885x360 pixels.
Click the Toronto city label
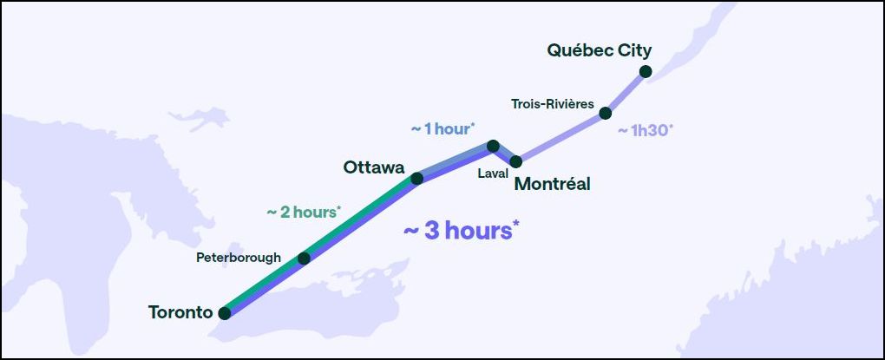click(x=180, y=312)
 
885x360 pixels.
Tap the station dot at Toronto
click(x=225, y=313)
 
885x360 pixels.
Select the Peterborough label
click(x=239, y=258)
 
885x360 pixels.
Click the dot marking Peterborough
click(x=304, y=259)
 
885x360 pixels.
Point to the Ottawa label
click(x=374, y=167)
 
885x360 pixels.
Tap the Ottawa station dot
click(x=416, y=179)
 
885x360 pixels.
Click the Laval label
click(x=492, y=173)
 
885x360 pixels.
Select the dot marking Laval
click(x=493, y=146)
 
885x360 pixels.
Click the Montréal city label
click(x=553, y=184)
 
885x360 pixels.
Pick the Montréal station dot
click(x=516, y=161)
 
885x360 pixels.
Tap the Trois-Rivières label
click(x=553, y=105)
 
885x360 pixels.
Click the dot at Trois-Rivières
click(x=606, y=113)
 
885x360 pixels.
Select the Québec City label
click(x=600, y=50)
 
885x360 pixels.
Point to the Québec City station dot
click(x=646, y=71)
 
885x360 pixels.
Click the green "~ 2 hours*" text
click(x=304, y=212)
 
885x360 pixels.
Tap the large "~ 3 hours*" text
click(x=462, y=231)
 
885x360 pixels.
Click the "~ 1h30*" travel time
click(x=645, y=131)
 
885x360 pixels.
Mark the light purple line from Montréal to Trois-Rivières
click(x=560, y=137)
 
